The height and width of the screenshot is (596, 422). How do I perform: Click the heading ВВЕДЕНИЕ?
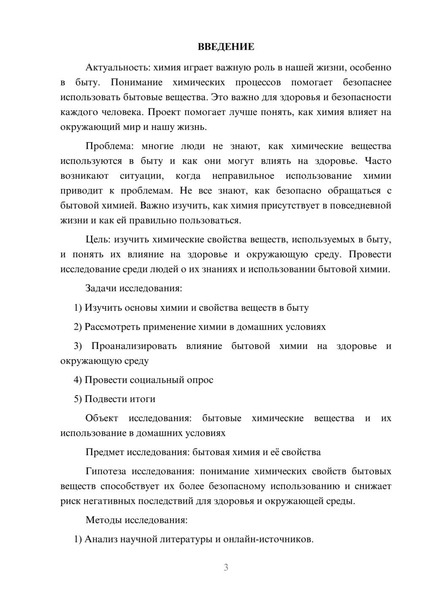226,47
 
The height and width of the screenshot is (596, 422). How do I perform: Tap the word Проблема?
108,146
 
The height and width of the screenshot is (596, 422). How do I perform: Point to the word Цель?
97,239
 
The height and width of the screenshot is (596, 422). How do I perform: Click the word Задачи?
101,288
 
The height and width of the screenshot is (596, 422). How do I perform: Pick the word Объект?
102,418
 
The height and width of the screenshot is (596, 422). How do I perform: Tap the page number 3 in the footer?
226,568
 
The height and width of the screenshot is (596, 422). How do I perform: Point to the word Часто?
378,161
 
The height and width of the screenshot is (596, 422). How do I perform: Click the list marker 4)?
78,380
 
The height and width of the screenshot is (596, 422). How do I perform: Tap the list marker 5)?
78,399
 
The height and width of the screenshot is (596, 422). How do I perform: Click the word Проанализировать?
134,346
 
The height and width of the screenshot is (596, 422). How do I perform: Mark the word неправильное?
243,176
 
